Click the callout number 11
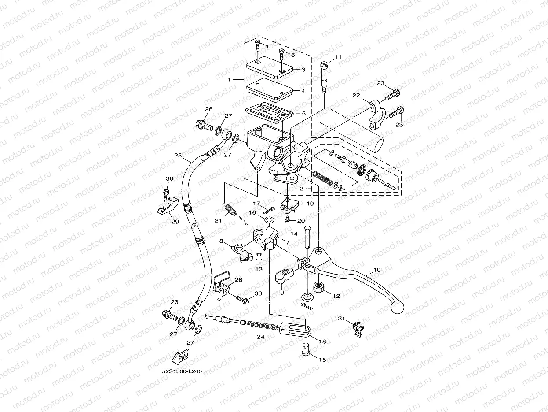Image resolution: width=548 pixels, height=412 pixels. click(338, 57)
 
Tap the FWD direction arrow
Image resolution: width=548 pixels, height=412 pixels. click(180, 356)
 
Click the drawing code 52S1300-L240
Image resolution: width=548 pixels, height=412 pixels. click(182, 371)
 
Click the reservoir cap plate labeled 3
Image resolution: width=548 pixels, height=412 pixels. click(270, 68)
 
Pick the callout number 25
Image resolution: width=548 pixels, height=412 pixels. click(178, 156)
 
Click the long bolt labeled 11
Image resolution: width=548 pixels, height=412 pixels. click(325, 78)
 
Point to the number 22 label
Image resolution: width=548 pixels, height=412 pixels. click(356, 96)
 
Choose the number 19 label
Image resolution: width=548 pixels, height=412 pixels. click(310, 204)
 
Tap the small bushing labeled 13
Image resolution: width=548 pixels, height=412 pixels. click(259, 257)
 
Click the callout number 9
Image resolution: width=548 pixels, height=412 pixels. click(281, 292)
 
